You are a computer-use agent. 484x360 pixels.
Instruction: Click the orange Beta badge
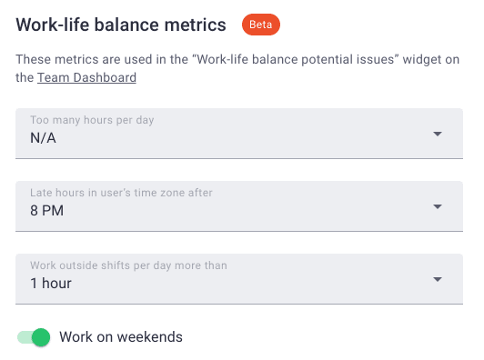click(260, 25)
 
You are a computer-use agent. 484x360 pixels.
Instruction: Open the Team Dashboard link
click(86, 78)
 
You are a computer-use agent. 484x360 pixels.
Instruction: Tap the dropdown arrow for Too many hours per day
click(438, 134)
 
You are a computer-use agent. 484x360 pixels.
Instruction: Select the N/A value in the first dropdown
click(43, 138)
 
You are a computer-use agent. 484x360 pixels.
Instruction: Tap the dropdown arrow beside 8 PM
click(438, 206)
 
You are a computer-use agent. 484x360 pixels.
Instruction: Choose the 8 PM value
click(47, 211)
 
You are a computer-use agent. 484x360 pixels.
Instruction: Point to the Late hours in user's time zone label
click(121, 194)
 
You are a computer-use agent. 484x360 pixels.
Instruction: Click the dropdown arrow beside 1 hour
click(438, 279)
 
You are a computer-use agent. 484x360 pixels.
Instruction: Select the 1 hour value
click(51, 284)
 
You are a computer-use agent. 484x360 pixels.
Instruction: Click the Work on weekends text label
click(121, 337)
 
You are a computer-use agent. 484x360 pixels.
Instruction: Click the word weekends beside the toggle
click(151, 337)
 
